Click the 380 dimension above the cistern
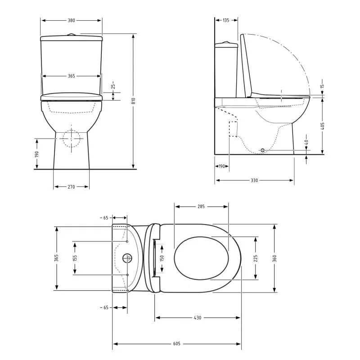coord(71,20)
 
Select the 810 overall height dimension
coord(133,101)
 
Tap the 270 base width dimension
coord(71,187)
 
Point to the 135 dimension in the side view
coord(226,20)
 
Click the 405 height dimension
coord(322,126)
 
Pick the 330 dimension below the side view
coord(254,180)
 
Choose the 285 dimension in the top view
coord(201,207)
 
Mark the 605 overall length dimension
coord(176,344)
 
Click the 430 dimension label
coord(198,318)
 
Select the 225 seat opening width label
coord(256,258)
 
